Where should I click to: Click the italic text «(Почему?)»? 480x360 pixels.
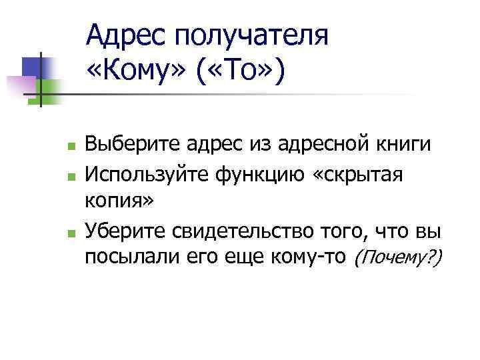click(x=398, y=257)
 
